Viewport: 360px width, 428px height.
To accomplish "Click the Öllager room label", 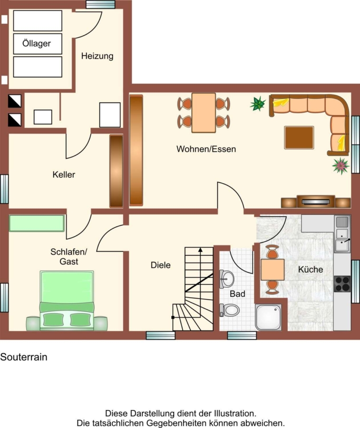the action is click(36, 43).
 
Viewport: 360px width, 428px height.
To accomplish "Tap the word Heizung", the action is click(97, 56).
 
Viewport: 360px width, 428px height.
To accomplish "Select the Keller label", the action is click(64, 175).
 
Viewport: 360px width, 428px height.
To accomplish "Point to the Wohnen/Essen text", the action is click(206, 149).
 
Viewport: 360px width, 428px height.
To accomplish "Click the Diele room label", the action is click(160, 265).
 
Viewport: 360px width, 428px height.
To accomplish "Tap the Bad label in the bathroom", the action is click(237, 294).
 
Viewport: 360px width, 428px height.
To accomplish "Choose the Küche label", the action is click(311, 270).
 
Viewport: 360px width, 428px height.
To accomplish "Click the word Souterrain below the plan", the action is click(24, 357).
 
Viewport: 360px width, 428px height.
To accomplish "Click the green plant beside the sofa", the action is click(258, 104).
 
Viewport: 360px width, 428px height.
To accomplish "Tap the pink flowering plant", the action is click(341, 165).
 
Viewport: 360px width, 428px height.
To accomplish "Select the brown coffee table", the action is click(299, 137).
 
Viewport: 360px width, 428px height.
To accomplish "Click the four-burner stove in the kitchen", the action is click(342, 284).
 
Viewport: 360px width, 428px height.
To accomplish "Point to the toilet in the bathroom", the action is click(230, 310).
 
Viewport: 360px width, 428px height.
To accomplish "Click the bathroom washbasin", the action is click(226, 279).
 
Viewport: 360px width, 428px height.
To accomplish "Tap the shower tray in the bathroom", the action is click(268, 317).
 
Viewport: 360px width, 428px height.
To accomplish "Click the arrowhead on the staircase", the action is click(200, 250).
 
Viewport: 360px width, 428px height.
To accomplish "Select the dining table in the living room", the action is click(204, 113).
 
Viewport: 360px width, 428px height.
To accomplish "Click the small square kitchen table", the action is click(272, 270).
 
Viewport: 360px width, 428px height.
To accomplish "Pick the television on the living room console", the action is click(315, 202).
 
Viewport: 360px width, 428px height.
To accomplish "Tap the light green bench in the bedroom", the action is click(37, 224).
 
